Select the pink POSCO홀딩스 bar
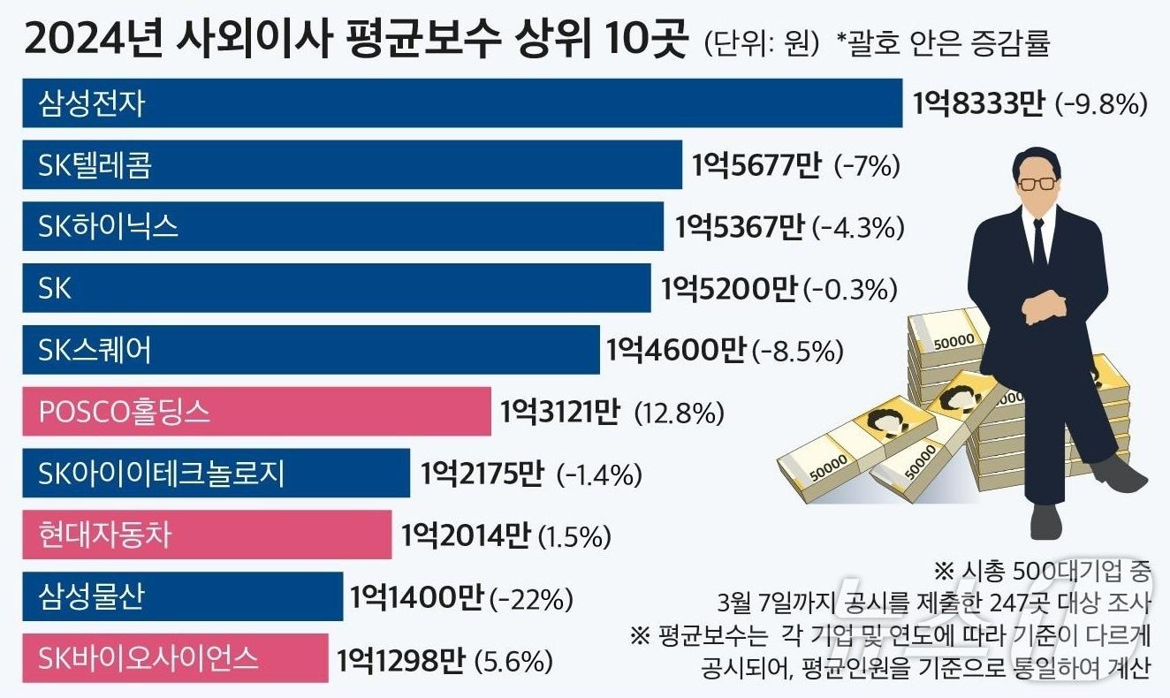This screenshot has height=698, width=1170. [256, 412]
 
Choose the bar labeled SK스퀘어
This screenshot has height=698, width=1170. [310, 350]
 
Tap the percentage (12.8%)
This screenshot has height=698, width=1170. [680, 413]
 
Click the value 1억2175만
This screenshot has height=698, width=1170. [482, 474]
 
